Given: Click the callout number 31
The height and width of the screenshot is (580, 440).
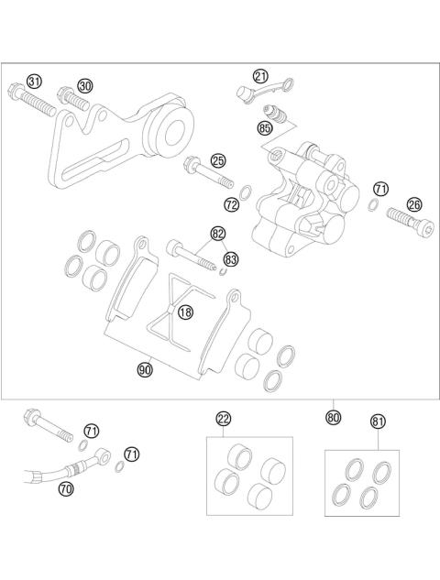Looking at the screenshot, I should click(35, 82).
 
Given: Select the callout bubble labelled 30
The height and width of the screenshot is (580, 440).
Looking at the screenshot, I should click(85, 85).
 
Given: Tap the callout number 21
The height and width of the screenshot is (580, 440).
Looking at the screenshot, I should click(261, 76).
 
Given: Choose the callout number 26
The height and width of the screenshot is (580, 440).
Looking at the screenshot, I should click(413, 204).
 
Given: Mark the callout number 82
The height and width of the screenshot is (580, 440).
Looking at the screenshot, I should click(217, 235).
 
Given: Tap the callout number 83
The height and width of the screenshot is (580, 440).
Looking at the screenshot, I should click(230, 260).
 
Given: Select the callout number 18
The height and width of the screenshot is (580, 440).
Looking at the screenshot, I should click(185, 312).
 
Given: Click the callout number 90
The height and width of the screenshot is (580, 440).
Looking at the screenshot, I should click(144, 370).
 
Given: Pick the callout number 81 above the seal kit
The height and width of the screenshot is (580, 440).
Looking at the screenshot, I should click(378, 421).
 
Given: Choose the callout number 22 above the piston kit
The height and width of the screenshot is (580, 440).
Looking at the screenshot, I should click(224, 419).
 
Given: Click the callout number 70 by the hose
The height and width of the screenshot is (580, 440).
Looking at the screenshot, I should click(65, 489).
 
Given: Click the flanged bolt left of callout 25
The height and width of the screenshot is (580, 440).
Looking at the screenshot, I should click(201, 170).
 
